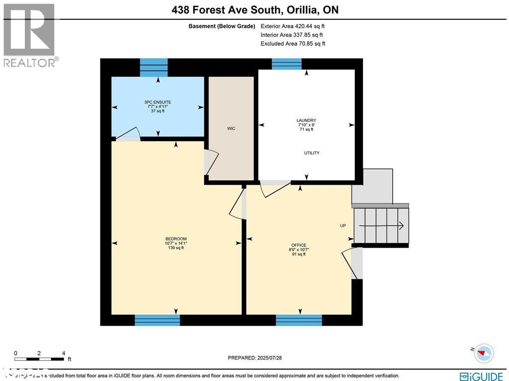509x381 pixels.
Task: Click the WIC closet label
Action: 231,129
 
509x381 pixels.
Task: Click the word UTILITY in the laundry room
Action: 312,153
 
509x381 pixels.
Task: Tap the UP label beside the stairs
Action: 343,226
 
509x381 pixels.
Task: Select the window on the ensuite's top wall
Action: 154,67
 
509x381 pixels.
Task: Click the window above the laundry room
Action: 286,64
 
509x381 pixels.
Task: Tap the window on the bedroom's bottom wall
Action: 157,320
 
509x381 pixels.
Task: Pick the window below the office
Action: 299,320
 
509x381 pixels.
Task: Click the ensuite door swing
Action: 127,133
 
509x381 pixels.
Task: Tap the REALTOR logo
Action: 30,35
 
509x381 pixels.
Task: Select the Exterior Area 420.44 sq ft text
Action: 293,26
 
